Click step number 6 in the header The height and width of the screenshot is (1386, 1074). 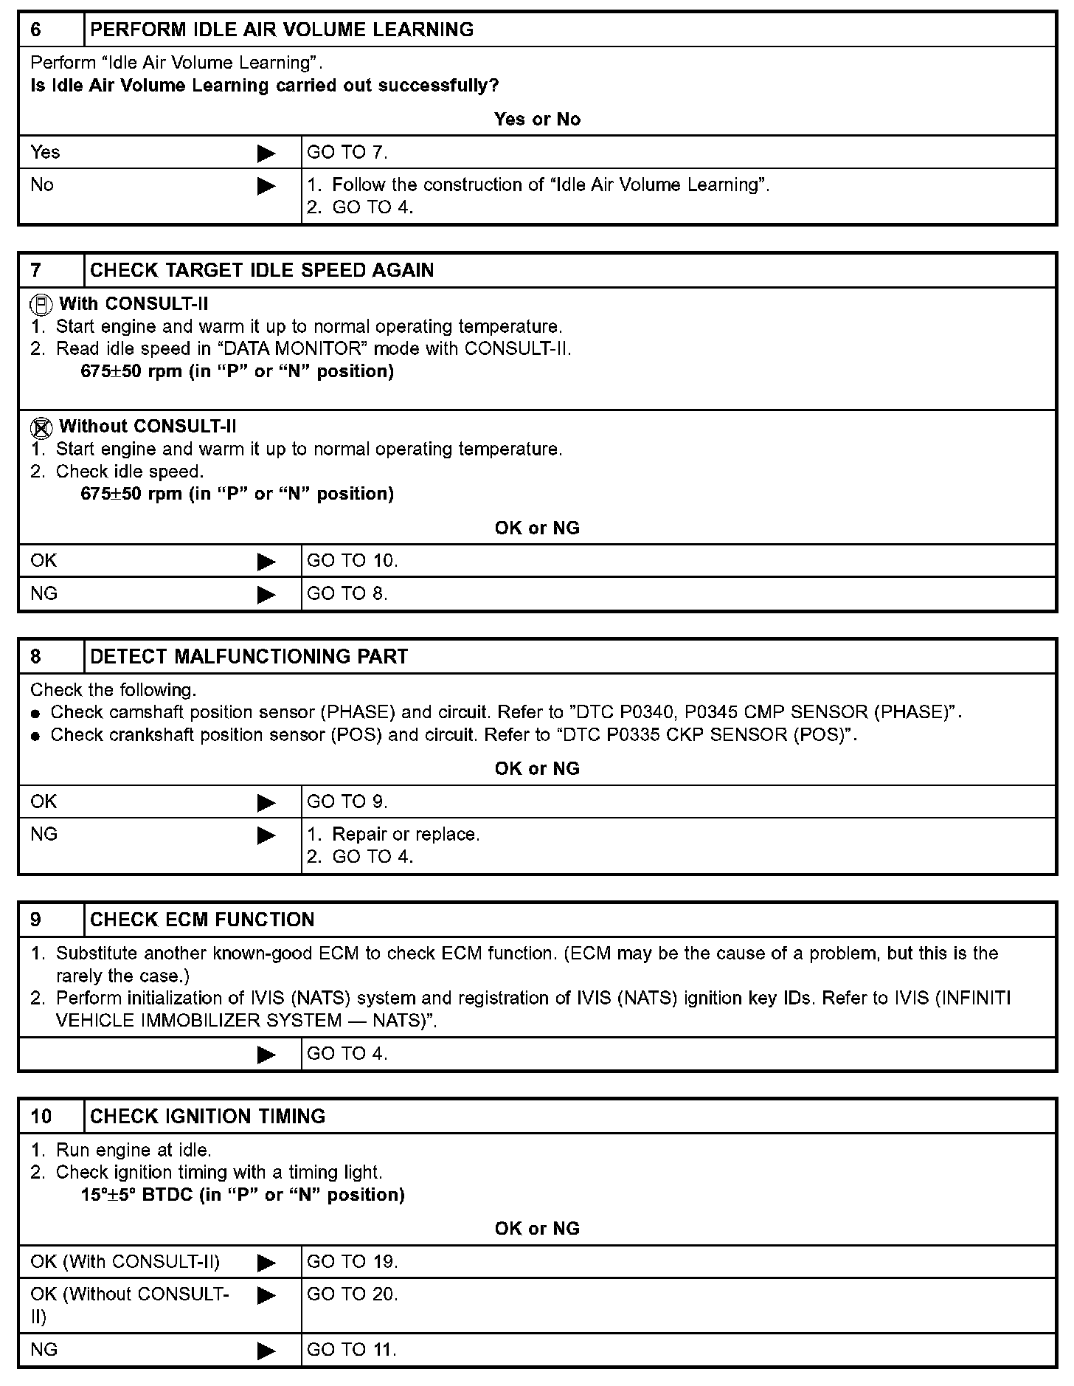point(36,30)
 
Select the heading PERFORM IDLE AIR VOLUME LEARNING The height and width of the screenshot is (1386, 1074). point(282,30)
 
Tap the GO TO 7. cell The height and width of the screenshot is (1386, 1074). point(347,153)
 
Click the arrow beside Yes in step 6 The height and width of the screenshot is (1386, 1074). point(266,154)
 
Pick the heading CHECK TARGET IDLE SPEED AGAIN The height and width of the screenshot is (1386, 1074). point(262,270)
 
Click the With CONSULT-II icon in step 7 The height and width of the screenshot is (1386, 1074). point(41,304)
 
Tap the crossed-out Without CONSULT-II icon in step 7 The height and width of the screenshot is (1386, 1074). point(41,427)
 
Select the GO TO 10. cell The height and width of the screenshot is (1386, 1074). point(352,561)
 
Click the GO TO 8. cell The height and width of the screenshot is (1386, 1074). point(347,593)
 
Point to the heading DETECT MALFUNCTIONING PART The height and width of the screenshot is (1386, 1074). point(249,657)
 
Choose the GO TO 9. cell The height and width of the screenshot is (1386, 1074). point(347,801)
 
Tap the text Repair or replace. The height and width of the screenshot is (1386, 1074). point(406,835)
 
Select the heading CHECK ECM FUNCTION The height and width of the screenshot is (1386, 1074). point(202,920)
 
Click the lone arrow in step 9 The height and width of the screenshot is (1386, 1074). point(266,1055)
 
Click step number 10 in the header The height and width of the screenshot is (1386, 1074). point(41,1117)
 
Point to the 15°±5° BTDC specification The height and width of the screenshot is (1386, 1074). point(243,1195)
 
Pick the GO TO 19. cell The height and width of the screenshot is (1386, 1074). point(352,1262)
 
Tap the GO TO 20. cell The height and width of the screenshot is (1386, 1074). point(352,1294)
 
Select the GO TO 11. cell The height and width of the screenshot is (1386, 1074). point(351,1350)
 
